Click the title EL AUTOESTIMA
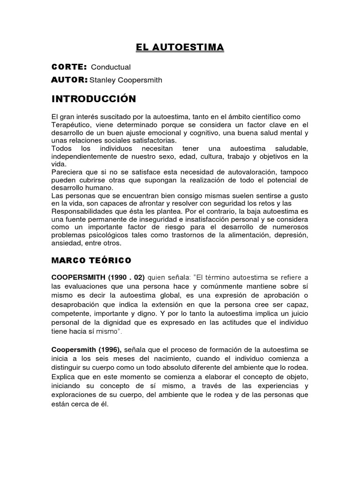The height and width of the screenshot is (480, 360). tap(180, 47)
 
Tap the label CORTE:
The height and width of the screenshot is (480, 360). tap(69, 67)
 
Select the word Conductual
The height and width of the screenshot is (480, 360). tap(111, 67)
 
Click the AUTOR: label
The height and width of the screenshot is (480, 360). tap(69, 80)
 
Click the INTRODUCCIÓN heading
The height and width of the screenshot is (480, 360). tap(93, 99)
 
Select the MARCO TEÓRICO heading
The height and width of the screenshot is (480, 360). tap(91, 259)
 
